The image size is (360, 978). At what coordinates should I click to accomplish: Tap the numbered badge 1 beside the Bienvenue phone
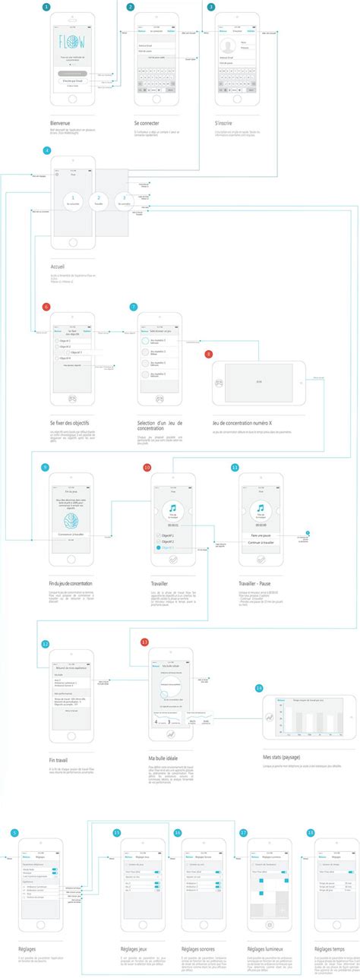click(x=48, y=7)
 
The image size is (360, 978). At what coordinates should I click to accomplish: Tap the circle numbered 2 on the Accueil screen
click(x=98, y=200)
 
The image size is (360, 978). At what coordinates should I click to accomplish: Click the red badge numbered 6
click(x=47, y=307)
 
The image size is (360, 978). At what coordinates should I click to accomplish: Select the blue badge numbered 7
click(x=134, y=307)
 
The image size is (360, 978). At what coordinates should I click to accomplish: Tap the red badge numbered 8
click(x=208, y=354)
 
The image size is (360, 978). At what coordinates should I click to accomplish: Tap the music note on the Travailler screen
click(x=173, y=508)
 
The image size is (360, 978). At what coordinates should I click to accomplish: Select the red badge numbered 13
click(x=144, y=642)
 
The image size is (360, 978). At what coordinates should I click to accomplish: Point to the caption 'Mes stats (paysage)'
click(x=278, y=757)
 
